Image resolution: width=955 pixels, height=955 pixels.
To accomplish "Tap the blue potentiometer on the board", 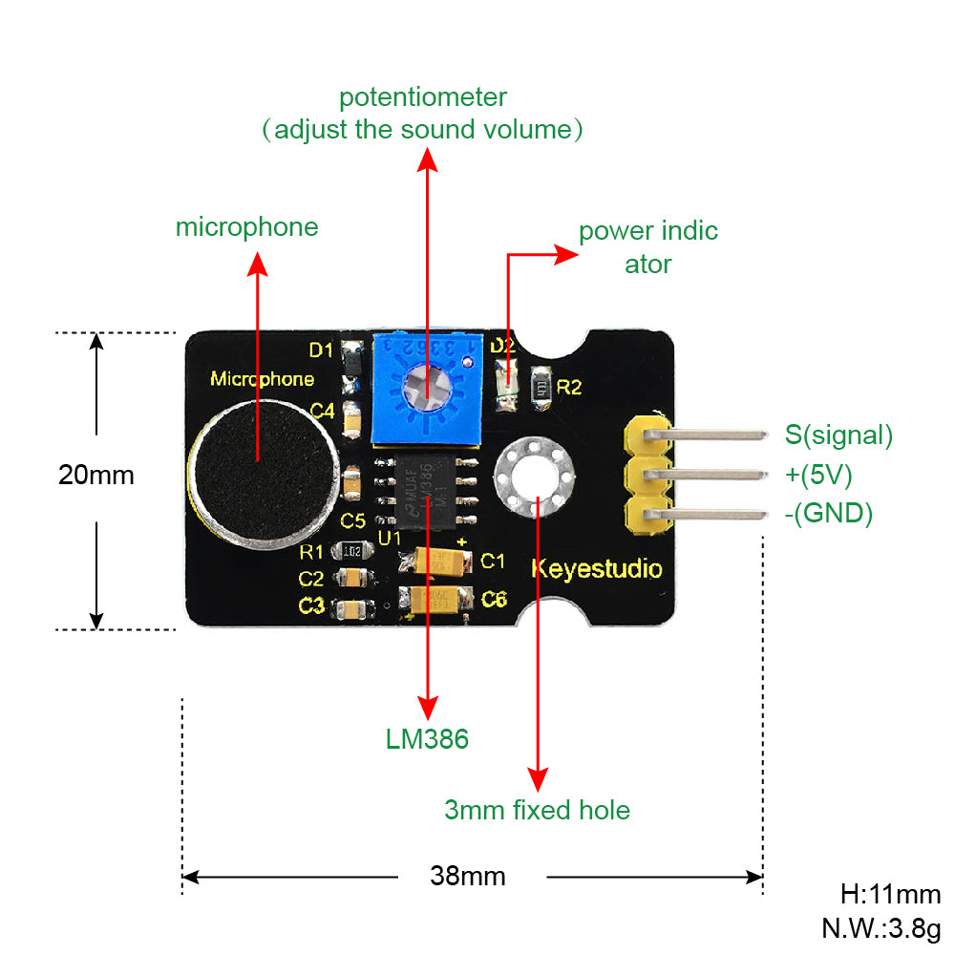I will tap(425, 388).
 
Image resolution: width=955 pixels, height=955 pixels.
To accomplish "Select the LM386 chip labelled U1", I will tap(427, 491).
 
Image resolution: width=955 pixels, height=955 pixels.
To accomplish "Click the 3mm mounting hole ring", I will tap(534, 475).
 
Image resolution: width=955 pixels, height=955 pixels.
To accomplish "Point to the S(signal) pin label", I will tap(838, 435).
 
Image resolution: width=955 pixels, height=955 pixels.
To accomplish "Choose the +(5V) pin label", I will tap(818, 475).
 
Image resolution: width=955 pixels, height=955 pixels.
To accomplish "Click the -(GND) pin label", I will tap(828, 514).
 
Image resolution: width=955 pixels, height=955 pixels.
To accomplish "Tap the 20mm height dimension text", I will tap(96, 475).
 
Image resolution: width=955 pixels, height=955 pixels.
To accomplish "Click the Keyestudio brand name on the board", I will tap(596, 570).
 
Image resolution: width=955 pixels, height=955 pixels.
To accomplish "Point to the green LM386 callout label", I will tap(427, 738).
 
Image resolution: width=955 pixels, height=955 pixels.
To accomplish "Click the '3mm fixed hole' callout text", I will tap(537, 810).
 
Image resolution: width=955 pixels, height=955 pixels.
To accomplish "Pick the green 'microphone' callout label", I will tap(246, 227).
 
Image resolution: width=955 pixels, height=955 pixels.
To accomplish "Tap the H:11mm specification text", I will tap(890, 895).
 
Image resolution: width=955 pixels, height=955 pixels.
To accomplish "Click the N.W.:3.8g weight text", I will tap(881, 927).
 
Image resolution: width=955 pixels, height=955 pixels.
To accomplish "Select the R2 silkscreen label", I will tap(569, 387).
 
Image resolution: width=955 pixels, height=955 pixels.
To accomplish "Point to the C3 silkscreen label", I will tap(311, 605).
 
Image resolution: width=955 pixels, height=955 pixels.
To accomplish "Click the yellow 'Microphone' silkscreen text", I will tap(262, 379).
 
